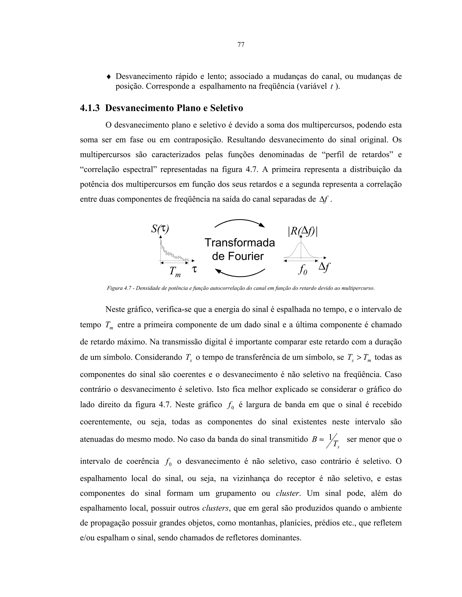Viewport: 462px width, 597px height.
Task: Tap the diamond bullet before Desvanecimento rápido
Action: (x=109, y=77)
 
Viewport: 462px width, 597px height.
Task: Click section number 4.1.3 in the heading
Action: (x=90, y=108)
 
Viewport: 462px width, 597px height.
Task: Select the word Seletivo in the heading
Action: (x=226, y=108)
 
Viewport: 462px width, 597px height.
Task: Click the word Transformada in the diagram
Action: (x=240, y=242)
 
